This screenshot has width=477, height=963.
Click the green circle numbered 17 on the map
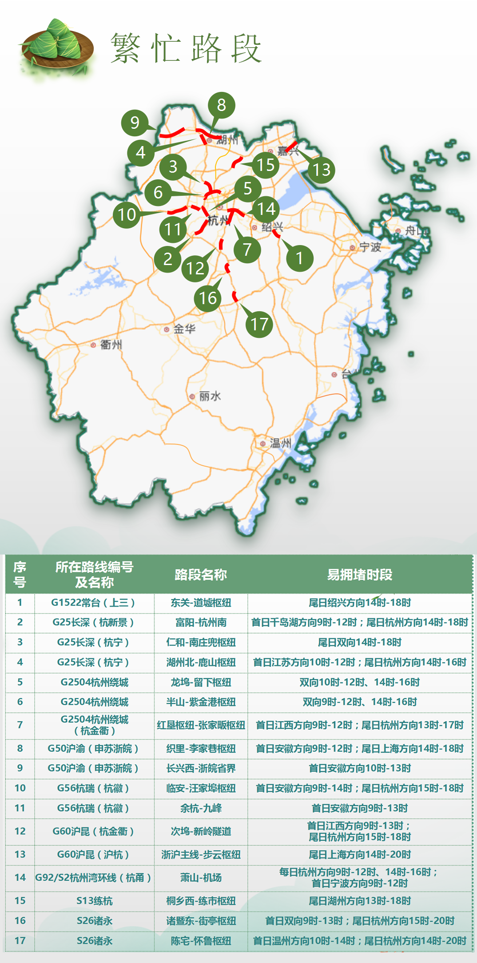click(x=259, y=324)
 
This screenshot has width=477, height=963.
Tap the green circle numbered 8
click(x=221, y=105)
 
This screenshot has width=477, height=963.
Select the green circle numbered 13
click(x=322, y=170)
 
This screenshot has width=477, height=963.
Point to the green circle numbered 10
click(x=127, y=215)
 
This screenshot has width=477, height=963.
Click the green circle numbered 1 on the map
click(x=299, y=258)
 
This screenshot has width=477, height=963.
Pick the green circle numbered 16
click(x=208, y=298)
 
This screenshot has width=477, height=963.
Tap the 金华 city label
click(x=184, y=329)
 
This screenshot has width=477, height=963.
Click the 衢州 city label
click(x=111, y=345)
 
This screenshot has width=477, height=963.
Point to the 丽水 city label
click(x=210, y=396)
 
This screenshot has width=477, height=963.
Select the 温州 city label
click(x=280, y=443)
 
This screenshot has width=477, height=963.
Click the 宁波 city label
click(x=370, y=247)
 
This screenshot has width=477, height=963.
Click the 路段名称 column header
click(x=201, y=575)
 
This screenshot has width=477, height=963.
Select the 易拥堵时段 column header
click(x=360, y=575)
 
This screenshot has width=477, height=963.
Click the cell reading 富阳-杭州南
click(x=201, y=622)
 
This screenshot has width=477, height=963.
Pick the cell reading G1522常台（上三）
click(x=93, y=602)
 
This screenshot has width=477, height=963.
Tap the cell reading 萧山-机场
click(x=201, y=878)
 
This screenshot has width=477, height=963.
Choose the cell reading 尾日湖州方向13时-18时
click(x=360, y=901)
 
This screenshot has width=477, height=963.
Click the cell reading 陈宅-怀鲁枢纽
click(x=201, y=940)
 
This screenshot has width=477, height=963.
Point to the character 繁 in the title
click(x=126, y=48)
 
